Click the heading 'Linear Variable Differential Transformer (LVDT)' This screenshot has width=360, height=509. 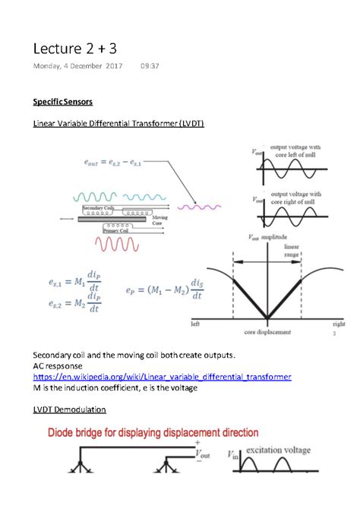tap(118, 124)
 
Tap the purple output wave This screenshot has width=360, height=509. tap(199, 205)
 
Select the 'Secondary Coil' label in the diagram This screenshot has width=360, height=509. tap(97, 206)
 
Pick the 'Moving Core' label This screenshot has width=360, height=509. tap(160, 221)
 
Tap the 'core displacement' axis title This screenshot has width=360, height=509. tap(267, 332)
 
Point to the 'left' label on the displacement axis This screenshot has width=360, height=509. tap(195, 322)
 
